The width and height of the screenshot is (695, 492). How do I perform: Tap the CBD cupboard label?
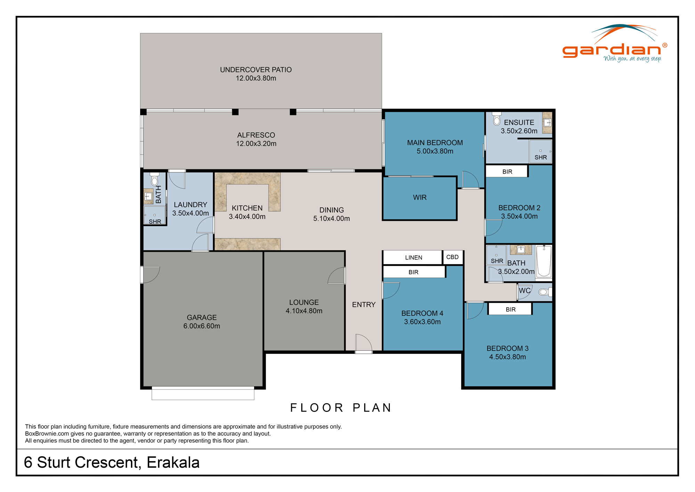(452, 257)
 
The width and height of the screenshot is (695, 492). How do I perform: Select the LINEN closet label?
(414, 257)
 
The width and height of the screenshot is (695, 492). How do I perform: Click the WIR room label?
(419, 197)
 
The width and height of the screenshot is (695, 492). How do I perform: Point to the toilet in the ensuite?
(497, 119)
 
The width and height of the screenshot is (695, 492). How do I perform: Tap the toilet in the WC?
(544, 292)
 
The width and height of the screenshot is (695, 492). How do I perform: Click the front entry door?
(363, 344)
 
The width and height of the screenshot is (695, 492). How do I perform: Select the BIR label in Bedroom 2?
(507, 172)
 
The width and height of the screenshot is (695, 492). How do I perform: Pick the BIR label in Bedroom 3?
(510, 309)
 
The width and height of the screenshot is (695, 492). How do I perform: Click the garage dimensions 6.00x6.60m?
(202, 326)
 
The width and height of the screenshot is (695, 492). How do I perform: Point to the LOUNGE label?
(304, 302)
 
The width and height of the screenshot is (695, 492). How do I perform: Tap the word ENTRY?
(363, 305)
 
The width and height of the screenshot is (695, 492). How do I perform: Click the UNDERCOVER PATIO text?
(256, 70)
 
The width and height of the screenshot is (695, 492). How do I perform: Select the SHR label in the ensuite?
(540, 157)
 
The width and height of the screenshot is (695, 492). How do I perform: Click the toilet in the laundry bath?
(155, 180)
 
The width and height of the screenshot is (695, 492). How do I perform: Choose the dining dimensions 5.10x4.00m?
(331, 219)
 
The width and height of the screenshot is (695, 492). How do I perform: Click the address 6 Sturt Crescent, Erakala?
(112, 462)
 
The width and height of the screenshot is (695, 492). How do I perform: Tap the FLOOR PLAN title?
(341, 408)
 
